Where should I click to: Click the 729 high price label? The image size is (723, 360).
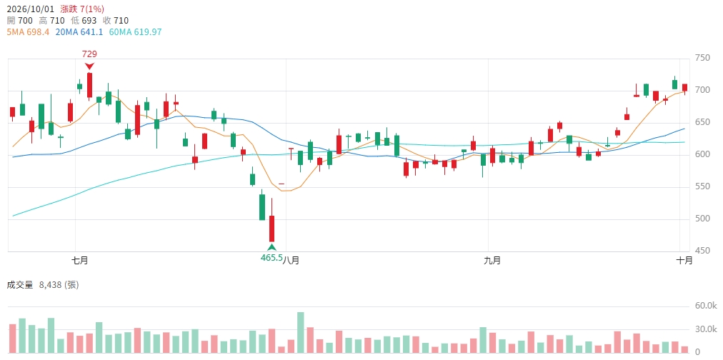(x=89, y=54)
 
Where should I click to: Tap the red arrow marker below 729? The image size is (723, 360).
(x=89, y=66)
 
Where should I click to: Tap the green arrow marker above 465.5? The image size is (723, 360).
(x=272, y=247)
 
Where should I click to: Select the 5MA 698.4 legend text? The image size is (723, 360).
(x=28, y=32)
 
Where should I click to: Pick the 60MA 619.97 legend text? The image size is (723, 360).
(x=135, y=32)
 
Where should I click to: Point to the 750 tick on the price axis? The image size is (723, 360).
(x=702, y=58)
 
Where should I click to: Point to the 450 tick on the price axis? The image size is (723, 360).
(x=702, y=251)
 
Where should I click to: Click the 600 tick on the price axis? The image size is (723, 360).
(x=702, y=154)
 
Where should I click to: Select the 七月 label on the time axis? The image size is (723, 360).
(x=80, y=261)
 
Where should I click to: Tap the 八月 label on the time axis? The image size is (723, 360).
(x=291, y=261)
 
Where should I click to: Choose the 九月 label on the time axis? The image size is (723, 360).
(x=492, y=261)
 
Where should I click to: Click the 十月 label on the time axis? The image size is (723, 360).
(x=684, y=261)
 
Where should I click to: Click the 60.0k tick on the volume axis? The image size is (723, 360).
(x=705, y=306)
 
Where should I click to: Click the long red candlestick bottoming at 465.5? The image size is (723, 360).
(x=272, y=229)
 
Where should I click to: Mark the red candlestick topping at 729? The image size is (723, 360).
(x=89, y=85)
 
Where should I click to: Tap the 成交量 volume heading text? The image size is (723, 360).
(x=20, y=285)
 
